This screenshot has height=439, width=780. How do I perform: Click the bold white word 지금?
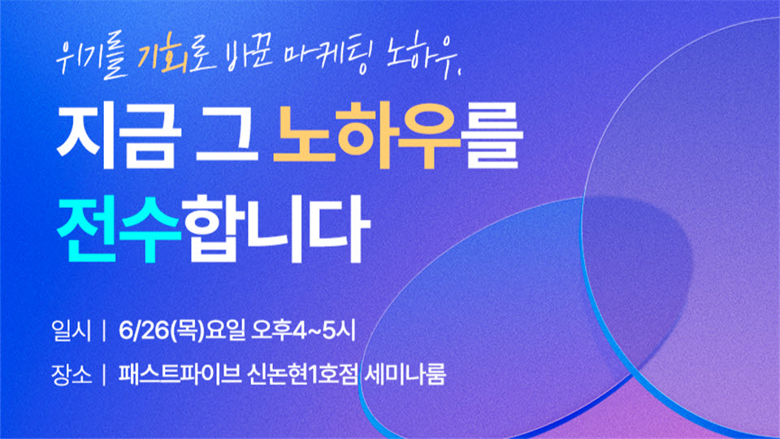[119, 136]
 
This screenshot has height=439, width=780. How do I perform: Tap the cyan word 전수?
[119, 228]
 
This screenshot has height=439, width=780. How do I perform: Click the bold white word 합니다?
[275, 228]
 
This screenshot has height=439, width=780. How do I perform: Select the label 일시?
[71, 331]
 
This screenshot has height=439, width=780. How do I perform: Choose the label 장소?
[71, 374]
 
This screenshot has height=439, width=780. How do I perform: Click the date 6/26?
[144, 331]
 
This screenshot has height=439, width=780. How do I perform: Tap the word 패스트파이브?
[180, 374]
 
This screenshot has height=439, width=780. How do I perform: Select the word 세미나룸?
[405, 374]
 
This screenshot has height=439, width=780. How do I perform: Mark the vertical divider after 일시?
[104, 331]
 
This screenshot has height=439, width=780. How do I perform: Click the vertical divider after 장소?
[104, 375]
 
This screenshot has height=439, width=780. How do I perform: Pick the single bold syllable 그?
[227, 136]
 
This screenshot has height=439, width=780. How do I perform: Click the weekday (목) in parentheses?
[188, 331]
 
